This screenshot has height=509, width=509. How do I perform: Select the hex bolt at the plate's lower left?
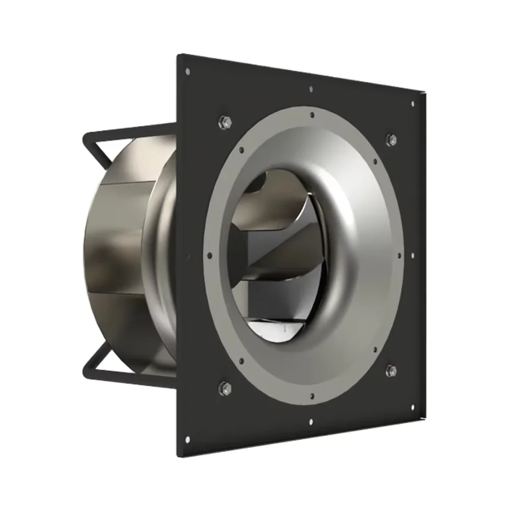point(224,388)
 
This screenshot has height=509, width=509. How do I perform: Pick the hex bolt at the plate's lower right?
point(391,370)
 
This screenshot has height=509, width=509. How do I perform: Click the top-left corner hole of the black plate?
point(188,71)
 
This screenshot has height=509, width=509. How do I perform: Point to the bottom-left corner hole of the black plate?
point(187,439)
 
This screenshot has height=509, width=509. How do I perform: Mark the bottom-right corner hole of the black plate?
point(412,407)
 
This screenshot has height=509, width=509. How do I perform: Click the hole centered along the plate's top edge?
point(311,90)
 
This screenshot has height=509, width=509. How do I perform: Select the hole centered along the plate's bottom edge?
point(310,421)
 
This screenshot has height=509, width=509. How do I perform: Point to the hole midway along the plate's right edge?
point(413,255)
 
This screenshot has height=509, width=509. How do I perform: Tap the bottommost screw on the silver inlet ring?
point(311,397)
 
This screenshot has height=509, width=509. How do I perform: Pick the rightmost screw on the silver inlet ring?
point(399,255)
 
